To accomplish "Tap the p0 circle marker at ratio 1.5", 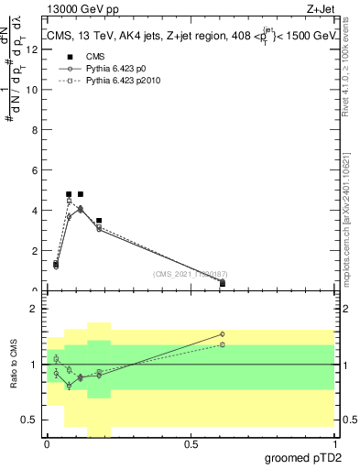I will point(223,334).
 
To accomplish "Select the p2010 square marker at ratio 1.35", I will point(223,344).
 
